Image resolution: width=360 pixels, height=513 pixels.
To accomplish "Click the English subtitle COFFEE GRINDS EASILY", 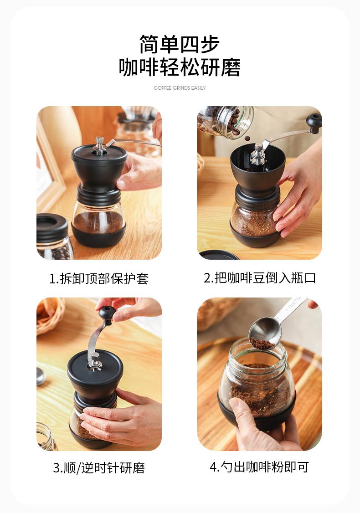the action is point(180,87).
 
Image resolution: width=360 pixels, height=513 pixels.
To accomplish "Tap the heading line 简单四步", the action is point(180,44).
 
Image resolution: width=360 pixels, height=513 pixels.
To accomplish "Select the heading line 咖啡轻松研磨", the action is point(180,67).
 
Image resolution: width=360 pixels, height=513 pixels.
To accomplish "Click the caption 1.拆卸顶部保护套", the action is point(99,279).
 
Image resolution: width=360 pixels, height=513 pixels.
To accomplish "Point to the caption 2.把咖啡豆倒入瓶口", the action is point(260,278).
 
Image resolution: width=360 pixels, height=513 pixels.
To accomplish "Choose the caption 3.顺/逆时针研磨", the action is point(99,467).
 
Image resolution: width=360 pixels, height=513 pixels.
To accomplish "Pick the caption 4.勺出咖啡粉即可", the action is point(260,467).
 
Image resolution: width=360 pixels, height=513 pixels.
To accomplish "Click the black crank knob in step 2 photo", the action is point(314,123).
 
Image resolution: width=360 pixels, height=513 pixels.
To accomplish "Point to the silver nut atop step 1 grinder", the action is point(99,143).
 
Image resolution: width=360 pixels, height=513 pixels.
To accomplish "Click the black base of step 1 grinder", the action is point(98,236).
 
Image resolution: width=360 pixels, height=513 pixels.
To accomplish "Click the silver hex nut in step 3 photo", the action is point(95,360).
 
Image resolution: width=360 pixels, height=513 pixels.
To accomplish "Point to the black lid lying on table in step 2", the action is point(219,255).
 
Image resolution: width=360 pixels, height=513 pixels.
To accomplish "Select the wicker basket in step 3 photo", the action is point(49,315).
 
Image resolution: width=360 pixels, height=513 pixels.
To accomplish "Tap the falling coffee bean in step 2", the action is point(248,139).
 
